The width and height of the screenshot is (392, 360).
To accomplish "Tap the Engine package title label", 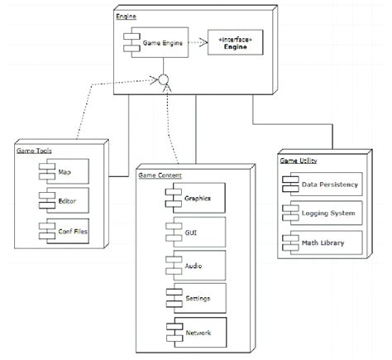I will tap(127, 16).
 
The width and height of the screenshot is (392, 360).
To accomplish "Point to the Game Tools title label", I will tap(33, 151).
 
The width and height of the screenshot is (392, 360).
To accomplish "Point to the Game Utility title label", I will tap(299, 160).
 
